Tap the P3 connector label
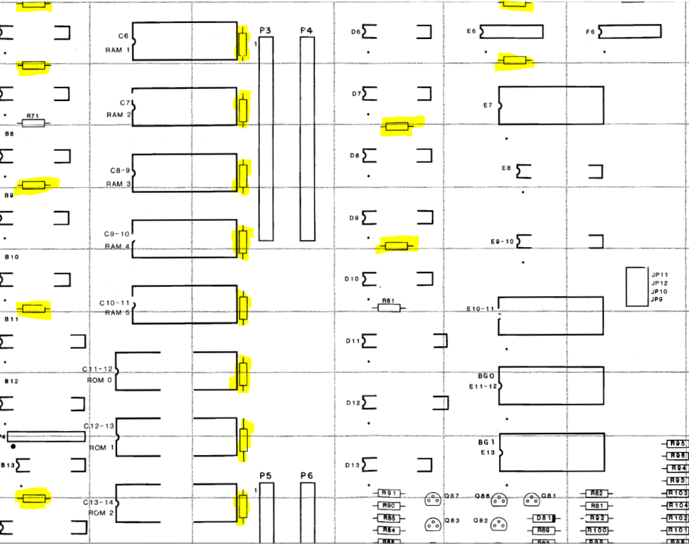point(265,30)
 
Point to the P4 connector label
point(306,30)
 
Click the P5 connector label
point(265,476)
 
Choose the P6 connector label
point(306,476)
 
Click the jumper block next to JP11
point(636,287)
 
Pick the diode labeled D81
point(542,518)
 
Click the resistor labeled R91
point(388,494)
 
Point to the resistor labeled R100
point(595,531)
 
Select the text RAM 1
point(118,50)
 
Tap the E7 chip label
point(488,105)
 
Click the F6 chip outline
point(630,31)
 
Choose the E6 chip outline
point(511,32)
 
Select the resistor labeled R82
point(595,494)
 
